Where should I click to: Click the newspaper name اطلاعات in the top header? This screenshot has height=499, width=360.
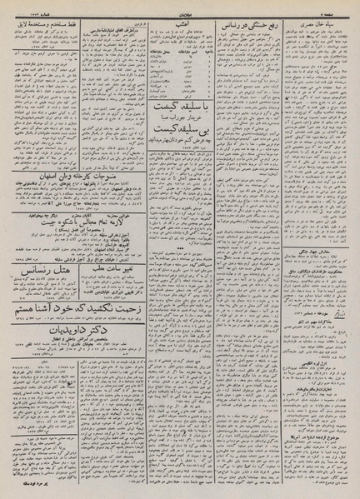pos(182,10)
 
